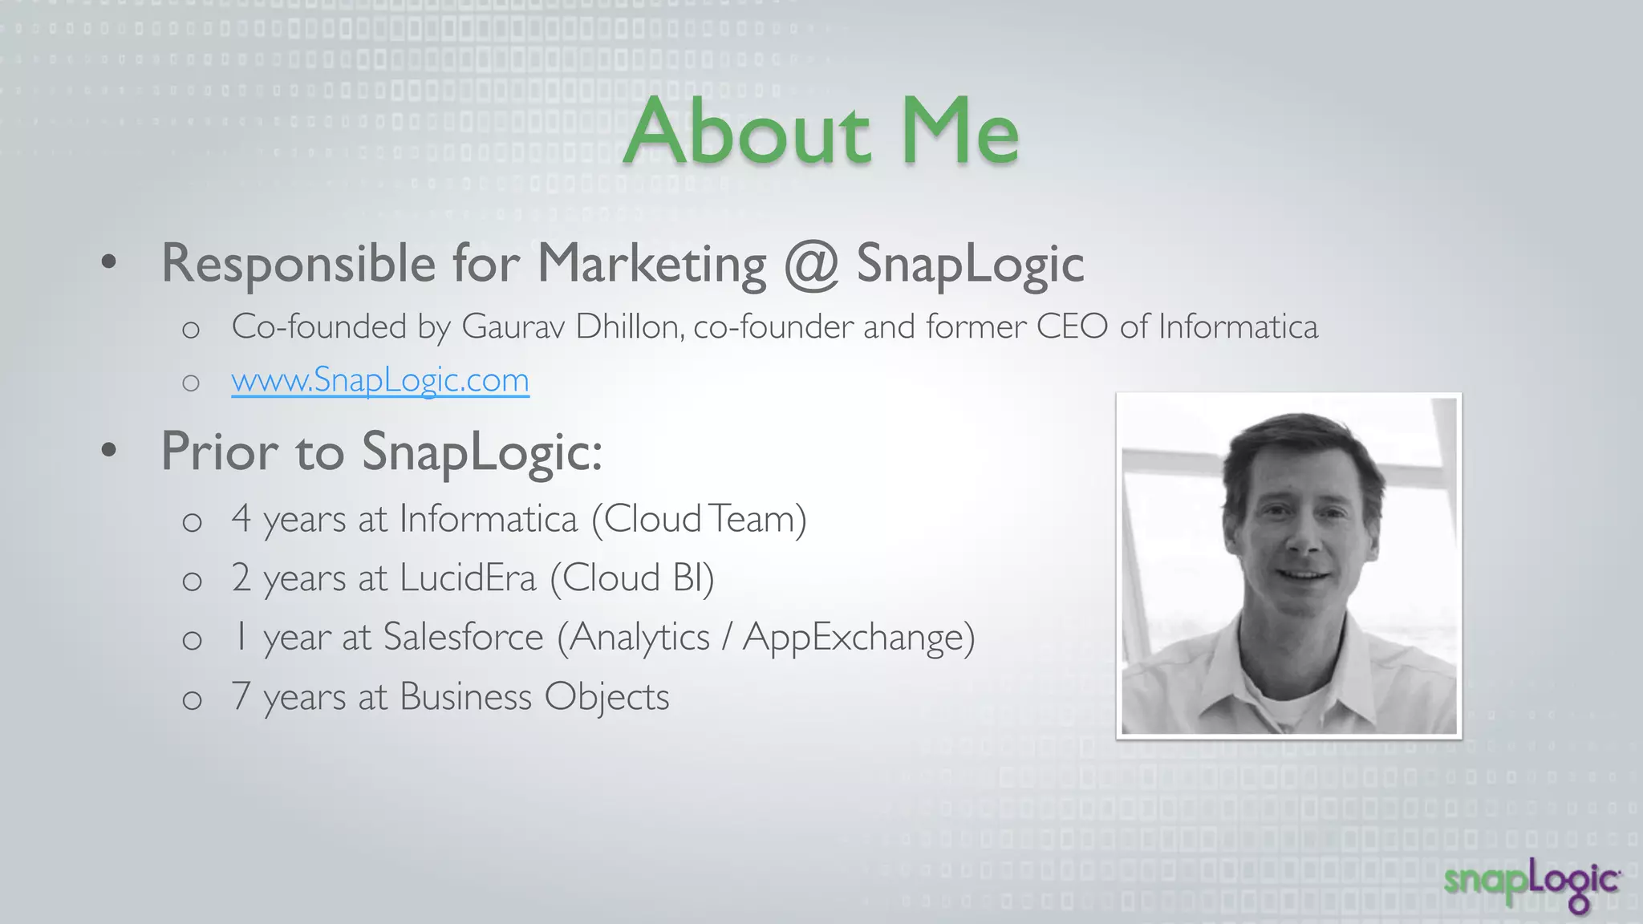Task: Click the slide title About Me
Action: (x=821, y=131)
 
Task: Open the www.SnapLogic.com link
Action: (x=380, y=380)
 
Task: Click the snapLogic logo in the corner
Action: (x=1532, y=884)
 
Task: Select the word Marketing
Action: (x=651, y=265)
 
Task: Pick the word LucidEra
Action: (x=468, y=578)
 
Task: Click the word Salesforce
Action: (x=463, y=638)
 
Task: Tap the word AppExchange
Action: (x=853, y=638)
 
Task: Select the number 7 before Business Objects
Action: (x=241, y=696)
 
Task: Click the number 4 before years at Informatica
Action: (x=241, y=519)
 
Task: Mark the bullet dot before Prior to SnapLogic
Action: (x=109, y=451)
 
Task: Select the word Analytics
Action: (x=639, y=638)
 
